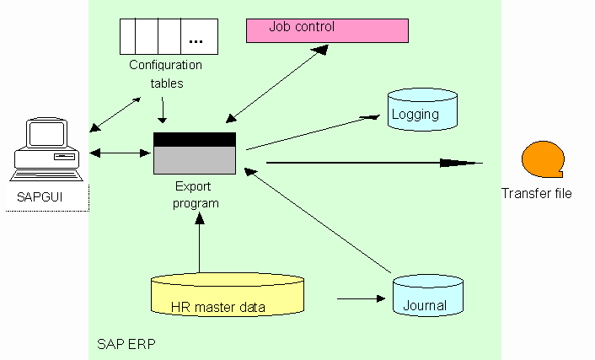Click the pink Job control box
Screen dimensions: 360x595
(327, 30)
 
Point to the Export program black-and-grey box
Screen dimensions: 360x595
(195, 153)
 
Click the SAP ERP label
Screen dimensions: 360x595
(126, 345)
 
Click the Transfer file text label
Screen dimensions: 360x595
(537, 193)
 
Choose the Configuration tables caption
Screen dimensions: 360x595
(165, 73)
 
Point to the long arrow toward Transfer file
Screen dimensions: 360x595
(371, 162)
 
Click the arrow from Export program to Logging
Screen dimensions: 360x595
(312, 132)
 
